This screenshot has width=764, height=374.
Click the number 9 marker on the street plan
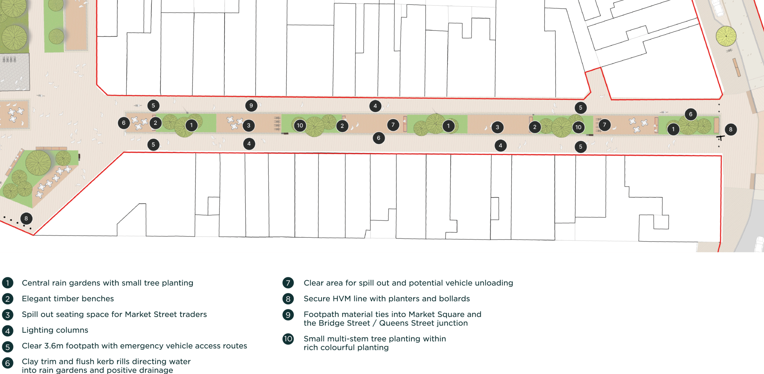[251, 106]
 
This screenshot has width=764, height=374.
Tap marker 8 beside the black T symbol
[730, 130]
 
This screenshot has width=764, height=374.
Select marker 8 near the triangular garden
[26, 219]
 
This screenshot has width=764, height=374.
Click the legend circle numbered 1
[7, 283]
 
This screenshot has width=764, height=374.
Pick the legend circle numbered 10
[288, 339]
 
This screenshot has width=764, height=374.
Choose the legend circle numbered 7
[288, 283]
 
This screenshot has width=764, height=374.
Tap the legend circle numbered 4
[7, 331]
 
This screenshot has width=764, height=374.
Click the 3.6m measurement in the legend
[54, 346]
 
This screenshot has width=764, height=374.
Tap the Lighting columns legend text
[55, 330]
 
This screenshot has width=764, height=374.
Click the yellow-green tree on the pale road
[726, 36]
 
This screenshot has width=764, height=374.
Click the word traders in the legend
[193, 314]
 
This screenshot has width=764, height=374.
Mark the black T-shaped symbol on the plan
[720, 138]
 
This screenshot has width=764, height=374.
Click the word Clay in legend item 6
[30, 362]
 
